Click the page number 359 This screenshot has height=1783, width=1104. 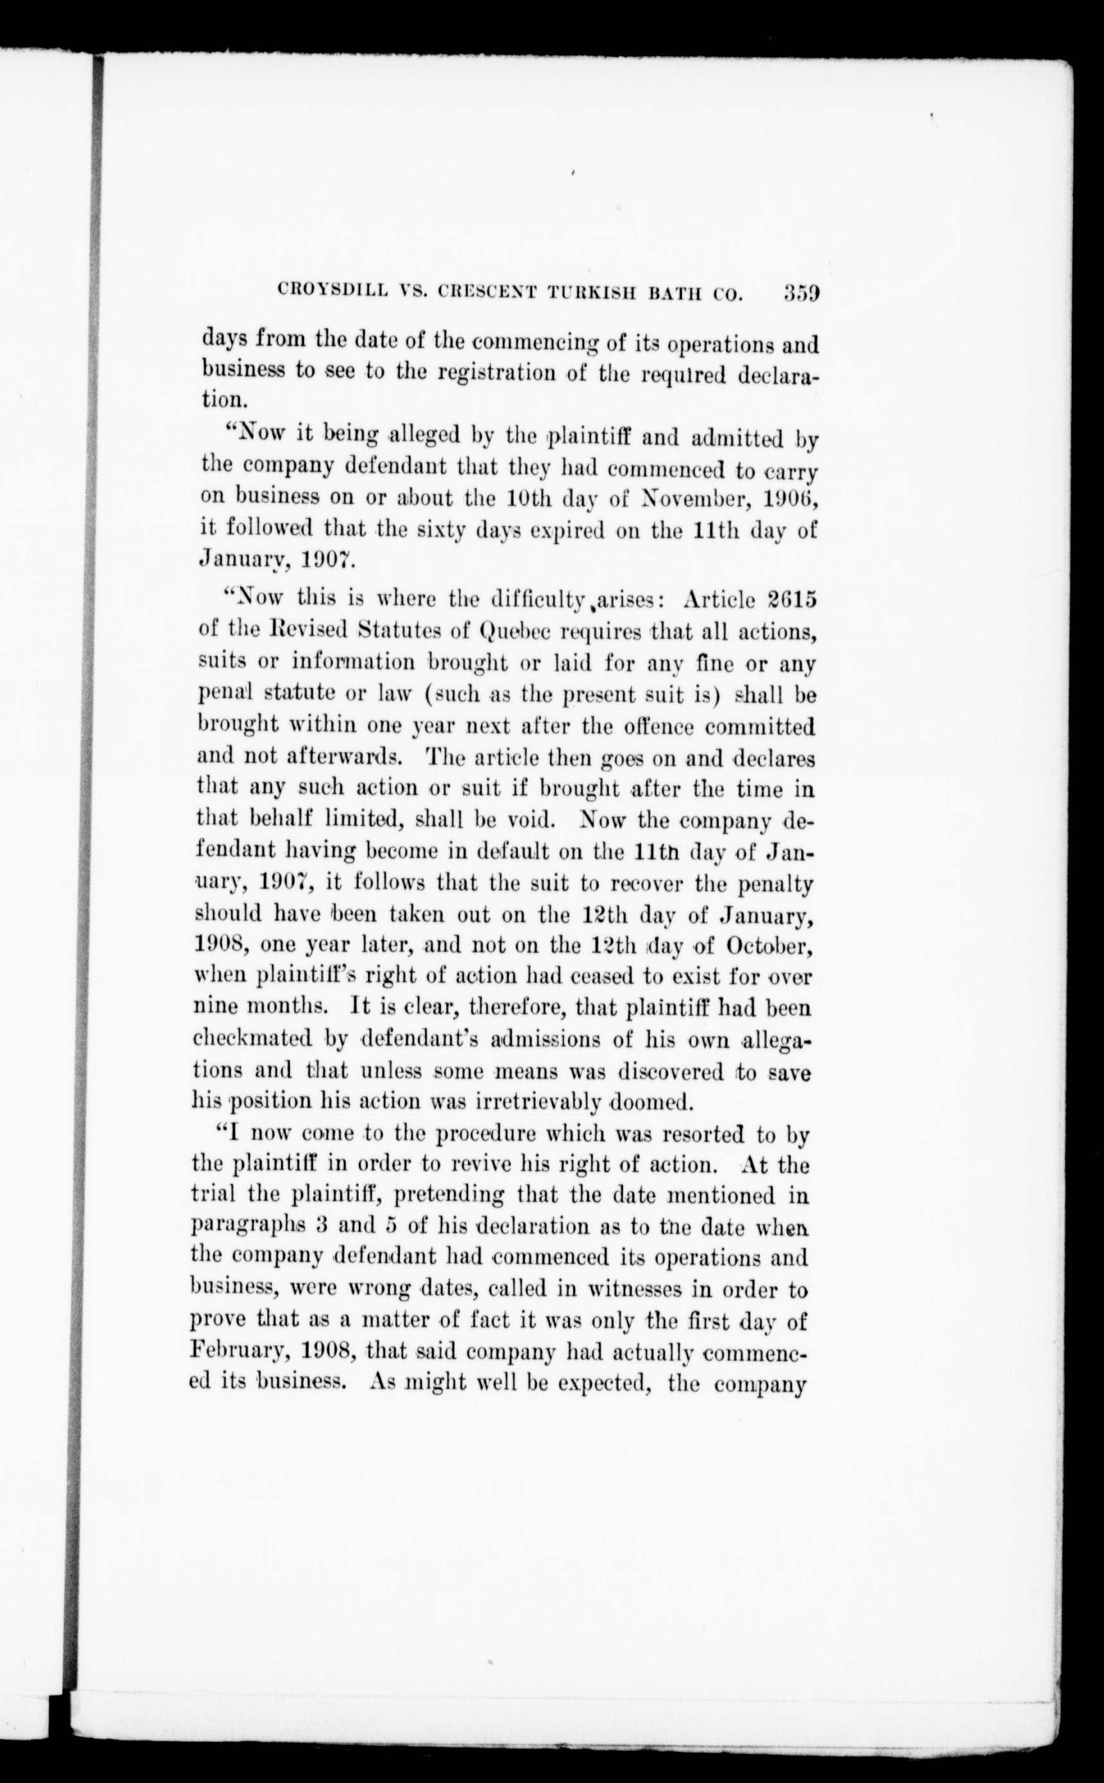(802, 293)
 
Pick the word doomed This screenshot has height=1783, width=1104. (649, 1101)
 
